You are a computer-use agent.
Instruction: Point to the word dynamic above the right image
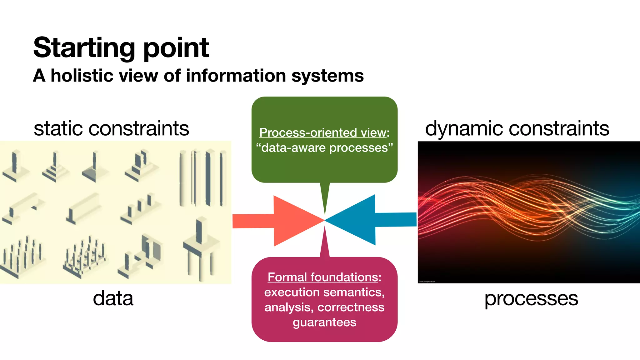point(464,128)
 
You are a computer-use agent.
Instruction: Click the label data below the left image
point(113,298)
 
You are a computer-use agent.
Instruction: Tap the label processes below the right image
point(531,298)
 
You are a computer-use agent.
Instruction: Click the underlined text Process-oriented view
point(322,132)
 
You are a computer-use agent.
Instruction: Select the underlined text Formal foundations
point(322,277)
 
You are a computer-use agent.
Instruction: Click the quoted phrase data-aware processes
point(324,148)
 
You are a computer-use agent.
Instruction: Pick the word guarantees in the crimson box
point(324,322)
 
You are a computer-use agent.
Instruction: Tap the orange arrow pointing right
point(287,221)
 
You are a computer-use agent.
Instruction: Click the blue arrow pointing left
point(362,220)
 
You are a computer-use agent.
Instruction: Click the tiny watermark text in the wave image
point(427,282)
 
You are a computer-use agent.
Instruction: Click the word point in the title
point(176,48)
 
